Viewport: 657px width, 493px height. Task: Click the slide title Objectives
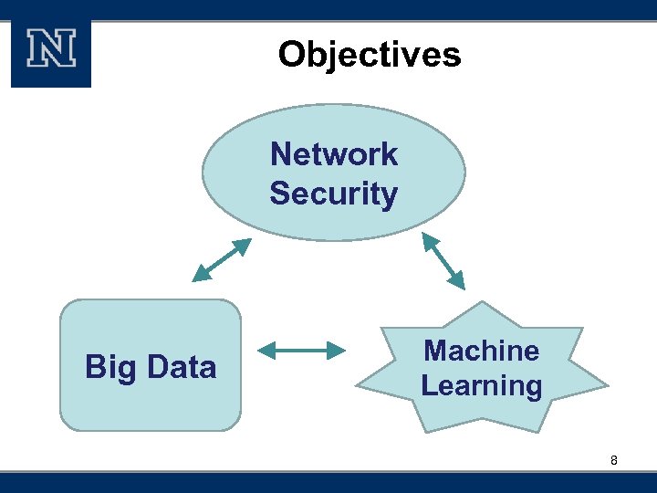tap(370, 55)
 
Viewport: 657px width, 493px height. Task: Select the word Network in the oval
tap(334, 154)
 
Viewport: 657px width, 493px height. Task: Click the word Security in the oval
tap(334, 194)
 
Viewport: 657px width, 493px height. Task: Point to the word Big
tap(110, 367)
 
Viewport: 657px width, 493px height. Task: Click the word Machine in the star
tap(482, 351)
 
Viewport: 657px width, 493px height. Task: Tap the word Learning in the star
tap(482, 385)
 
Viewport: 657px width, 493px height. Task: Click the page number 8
tap(614, 461)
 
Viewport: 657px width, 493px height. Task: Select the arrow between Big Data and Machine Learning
tap(301, 350)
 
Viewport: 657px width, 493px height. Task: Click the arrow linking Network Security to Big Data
tap(221, 260)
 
